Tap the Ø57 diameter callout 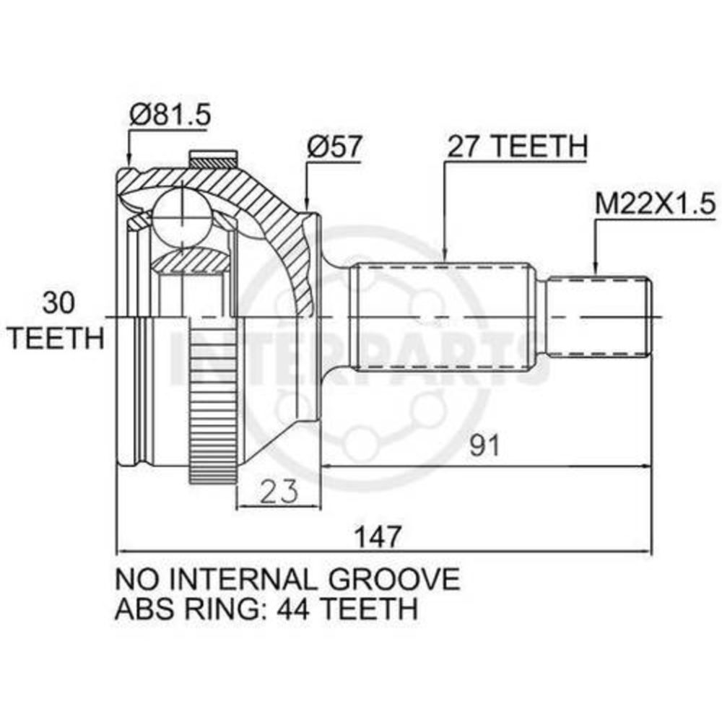[334, 146]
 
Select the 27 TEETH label [518, 146]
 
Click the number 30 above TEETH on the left [58, 303]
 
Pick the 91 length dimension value [484, 445]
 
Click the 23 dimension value [279, 491]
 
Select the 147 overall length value [379, 536]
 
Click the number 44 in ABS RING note [294, 608]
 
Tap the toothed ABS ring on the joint [213, 399]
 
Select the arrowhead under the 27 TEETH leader [445, 255]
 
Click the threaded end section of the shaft [600, 316]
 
